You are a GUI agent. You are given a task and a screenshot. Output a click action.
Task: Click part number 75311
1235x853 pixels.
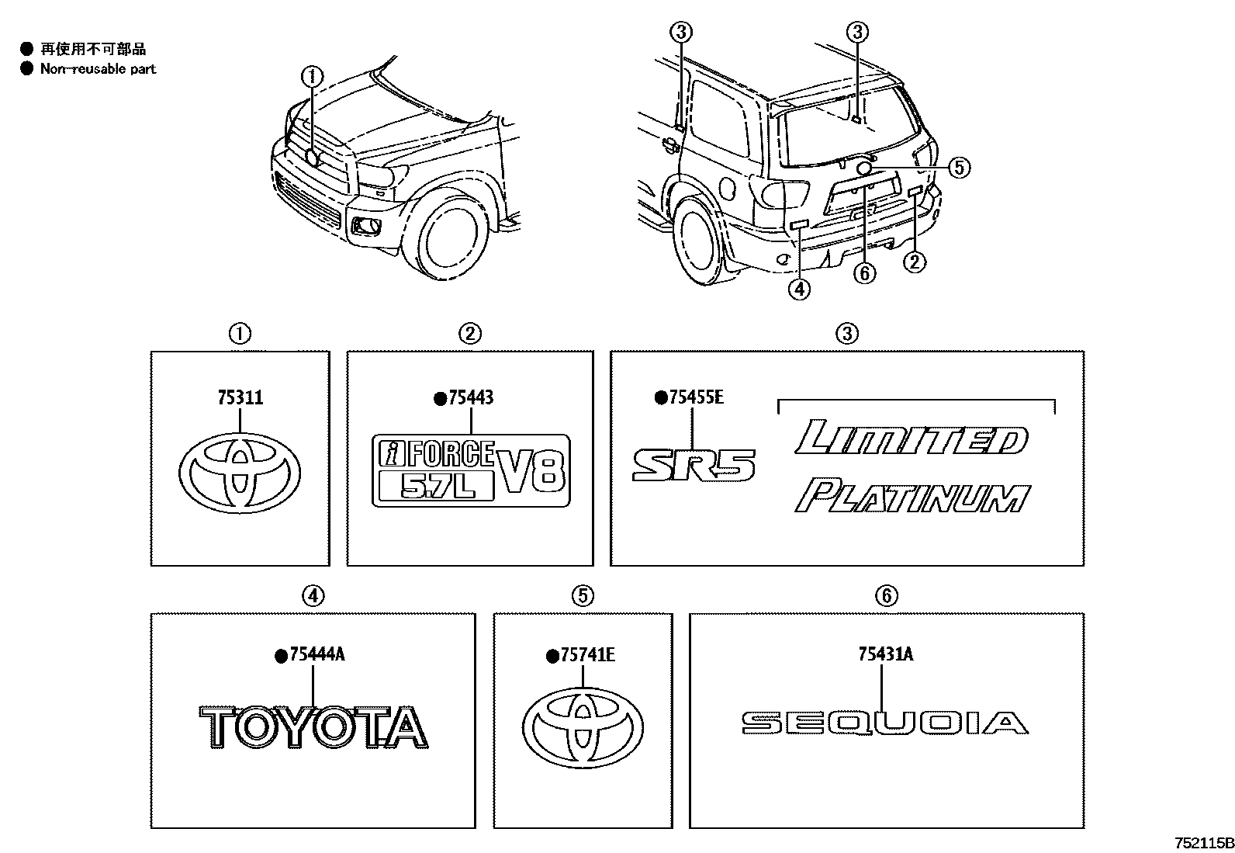coord(240,398)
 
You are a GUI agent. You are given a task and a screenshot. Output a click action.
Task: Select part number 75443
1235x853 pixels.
coord(470,398)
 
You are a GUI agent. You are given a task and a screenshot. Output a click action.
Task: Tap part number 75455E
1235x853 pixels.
coord(695,398)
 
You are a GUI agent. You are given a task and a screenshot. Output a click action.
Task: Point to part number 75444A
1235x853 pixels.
coord(316,655)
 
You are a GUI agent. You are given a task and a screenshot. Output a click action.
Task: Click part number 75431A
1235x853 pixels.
coord(885,655)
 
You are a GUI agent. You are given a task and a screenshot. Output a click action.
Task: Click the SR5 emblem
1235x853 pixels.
coord(693,465)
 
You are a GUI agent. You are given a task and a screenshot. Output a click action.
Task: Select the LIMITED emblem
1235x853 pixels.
coord(912,439)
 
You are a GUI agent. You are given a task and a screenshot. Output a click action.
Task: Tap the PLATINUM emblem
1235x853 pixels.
coord(912,497)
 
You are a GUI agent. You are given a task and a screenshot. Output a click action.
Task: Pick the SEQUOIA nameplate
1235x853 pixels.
coord(884,723)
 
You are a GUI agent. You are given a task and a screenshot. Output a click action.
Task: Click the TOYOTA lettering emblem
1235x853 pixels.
coord(313,728)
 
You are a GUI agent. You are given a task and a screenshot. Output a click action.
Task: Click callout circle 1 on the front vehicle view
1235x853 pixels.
coord(312,76)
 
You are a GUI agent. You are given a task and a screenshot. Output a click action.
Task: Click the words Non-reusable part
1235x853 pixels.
coord(98,69)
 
